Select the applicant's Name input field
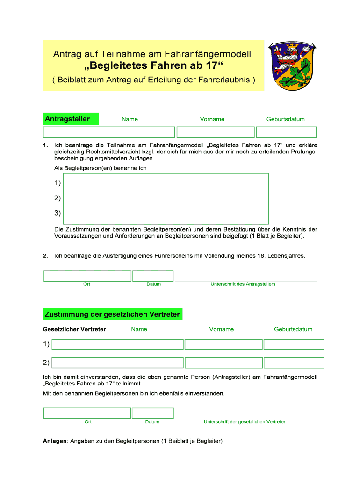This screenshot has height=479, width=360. click(109, 132)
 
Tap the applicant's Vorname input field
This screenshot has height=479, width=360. click(216, 132)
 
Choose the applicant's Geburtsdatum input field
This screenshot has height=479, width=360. click(286, 132)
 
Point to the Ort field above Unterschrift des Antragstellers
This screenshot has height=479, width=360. click(87, 276)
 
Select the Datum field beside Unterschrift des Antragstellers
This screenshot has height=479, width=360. click(153, 276)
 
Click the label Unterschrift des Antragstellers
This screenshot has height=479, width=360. click(243, 284)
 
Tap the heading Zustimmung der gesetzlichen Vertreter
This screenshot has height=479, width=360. click(112, 314)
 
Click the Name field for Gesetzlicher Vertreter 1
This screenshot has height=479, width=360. click(117, 344)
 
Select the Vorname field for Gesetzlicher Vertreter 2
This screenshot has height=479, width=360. click(223, 363)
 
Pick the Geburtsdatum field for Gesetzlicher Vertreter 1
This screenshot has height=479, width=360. click(294, 344)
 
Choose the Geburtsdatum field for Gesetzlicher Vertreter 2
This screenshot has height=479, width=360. click(294, 363)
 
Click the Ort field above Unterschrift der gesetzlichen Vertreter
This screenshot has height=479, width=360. click(87, 413)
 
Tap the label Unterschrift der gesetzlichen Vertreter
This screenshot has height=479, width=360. click(245, 422)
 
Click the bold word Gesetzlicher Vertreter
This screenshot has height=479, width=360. click(74, 329)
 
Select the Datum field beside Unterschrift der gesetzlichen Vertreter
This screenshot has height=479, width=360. click(152, 413)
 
